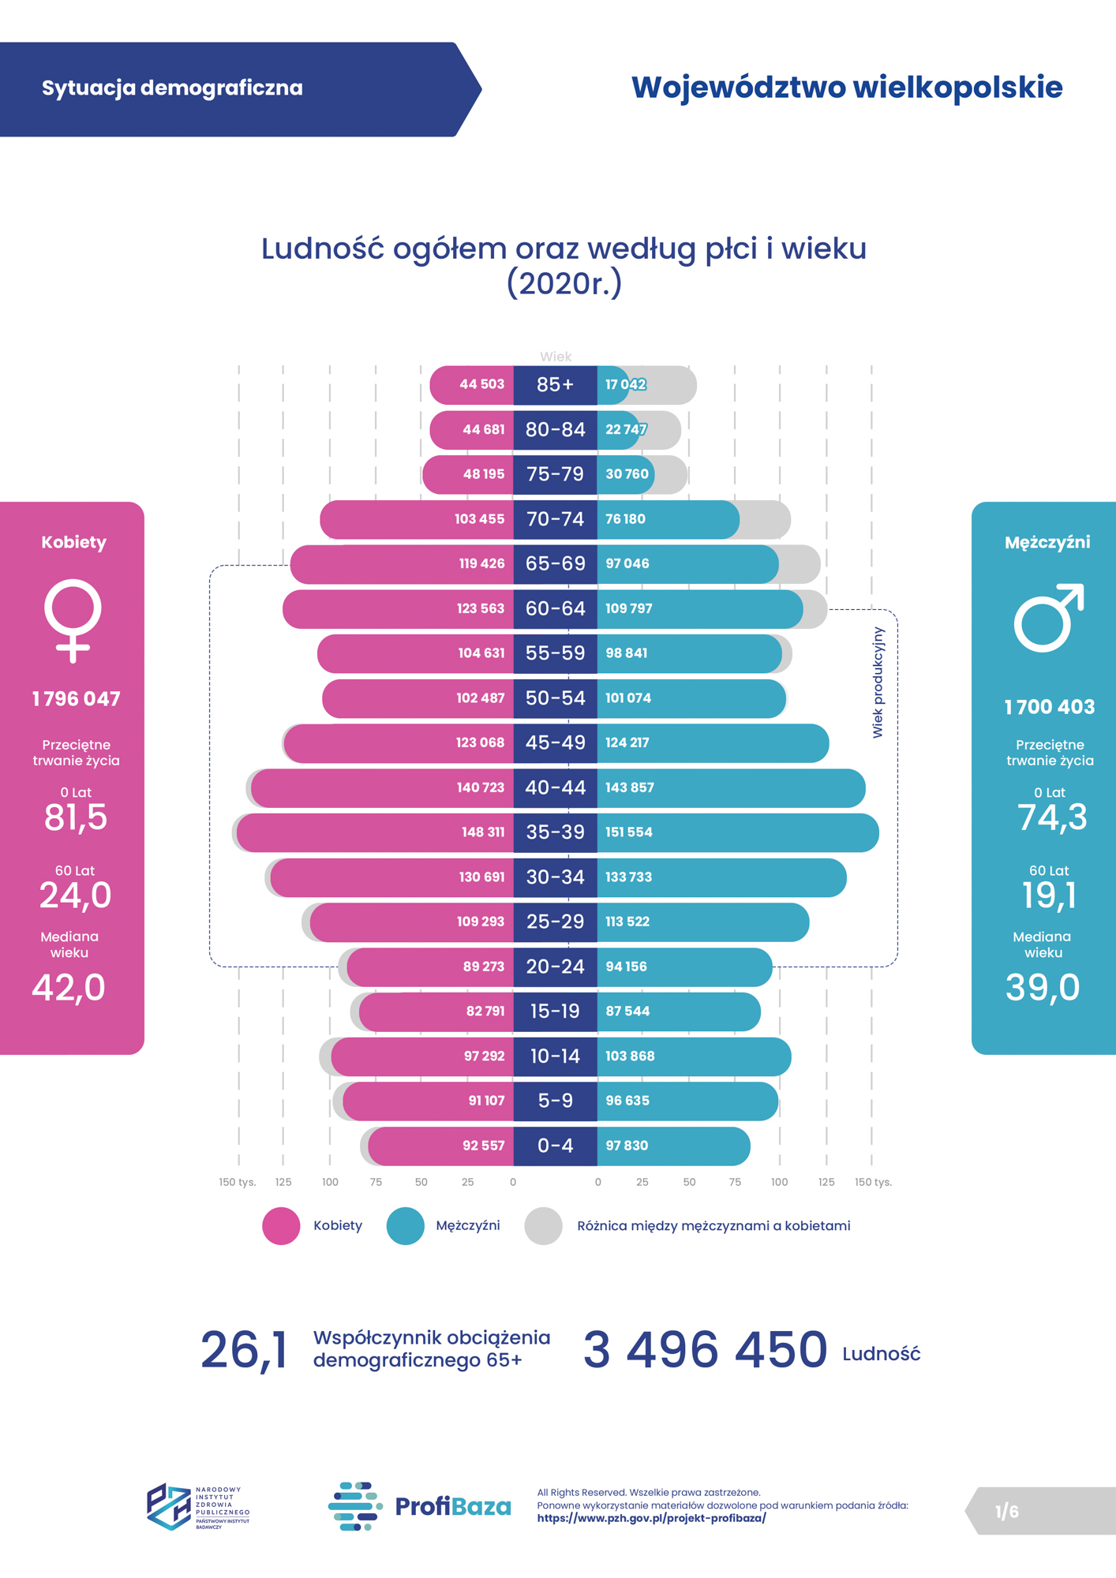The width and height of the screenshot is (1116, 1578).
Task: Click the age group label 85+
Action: (555, 385)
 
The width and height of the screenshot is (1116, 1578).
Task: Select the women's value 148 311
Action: (482, 832)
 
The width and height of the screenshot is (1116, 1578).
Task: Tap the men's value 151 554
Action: (629, 832)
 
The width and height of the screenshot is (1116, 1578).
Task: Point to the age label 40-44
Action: (555, 787)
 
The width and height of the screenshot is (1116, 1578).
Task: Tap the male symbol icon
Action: (1048, 618)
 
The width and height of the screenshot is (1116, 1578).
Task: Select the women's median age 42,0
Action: (69, 988)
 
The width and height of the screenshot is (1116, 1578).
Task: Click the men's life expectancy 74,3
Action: (1052, 817)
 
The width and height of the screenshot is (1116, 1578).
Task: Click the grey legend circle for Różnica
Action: (543, 1226)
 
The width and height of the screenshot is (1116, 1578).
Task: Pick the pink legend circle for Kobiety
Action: (281, 1226)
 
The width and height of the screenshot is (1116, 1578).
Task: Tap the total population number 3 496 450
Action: (705, 1350)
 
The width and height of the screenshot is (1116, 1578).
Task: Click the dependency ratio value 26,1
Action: (244, 1350)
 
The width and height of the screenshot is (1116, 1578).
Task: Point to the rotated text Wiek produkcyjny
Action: (878, 682)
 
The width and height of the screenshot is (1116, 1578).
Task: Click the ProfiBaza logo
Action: (419, 1506)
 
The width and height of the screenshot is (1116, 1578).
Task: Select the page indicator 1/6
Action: (1006, 1512)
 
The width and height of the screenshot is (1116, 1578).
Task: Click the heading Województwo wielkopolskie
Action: (846, 88)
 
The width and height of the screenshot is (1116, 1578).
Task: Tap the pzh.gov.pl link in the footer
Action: (651, 1518)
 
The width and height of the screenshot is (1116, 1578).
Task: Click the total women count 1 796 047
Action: (76, 699)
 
